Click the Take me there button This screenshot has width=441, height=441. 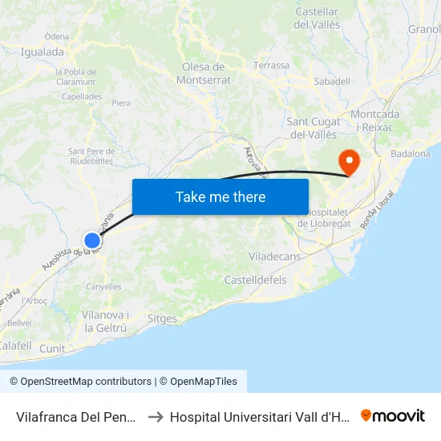click(x=220, y=196)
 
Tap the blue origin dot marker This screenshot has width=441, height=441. click(x=92, y=240)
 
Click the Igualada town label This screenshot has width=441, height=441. click(x=42, y=52)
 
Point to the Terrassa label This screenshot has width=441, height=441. click(x=271, y=66)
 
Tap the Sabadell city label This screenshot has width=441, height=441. click(x=332, y=81)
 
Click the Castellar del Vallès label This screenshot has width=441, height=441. click(x=318, y=18)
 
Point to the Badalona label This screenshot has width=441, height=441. click(x=411, y=153)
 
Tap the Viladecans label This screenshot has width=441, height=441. click(x=275, y=257)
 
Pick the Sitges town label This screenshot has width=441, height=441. click(x=163, y=318)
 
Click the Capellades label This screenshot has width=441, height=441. click(x=82, y=96)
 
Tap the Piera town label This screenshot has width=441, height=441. click(x=121, y=103)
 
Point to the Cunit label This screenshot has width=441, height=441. click(x=52, y=348)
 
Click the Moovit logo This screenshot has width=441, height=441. click(x=393, y=415)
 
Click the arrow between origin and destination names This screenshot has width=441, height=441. click(x=156, y=416)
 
